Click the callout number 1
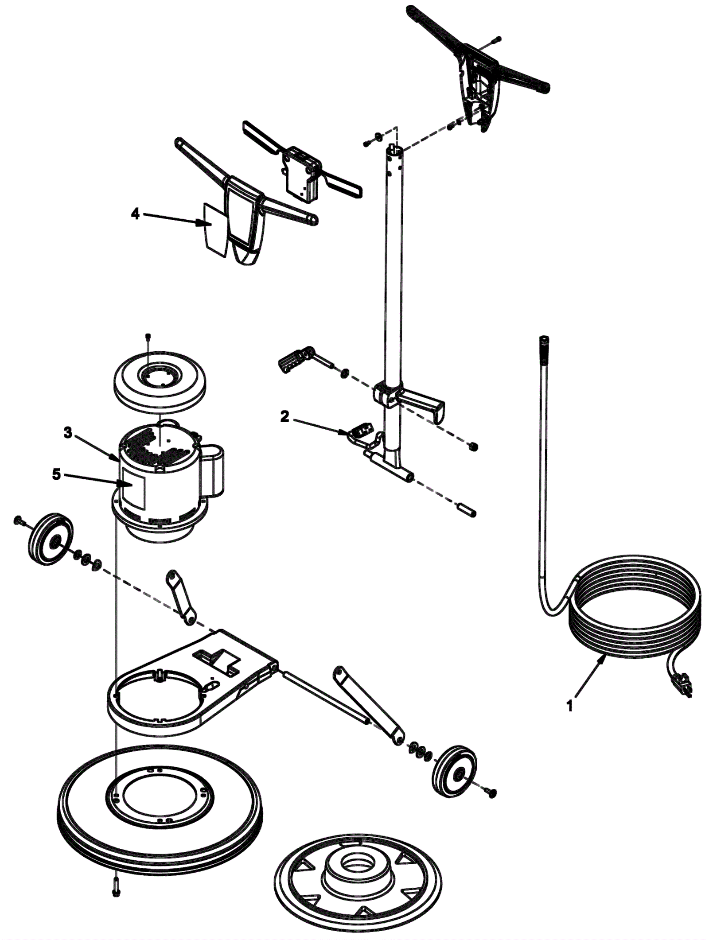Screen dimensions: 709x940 570,705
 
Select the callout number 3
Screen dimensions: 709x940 67,433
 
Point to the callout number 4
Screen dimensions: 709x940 135,214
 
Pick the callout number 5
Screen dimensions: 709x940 56,474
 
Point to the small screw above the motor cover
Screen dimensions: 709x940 148,338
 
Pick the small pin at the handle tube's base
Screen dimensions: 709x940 467,510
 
